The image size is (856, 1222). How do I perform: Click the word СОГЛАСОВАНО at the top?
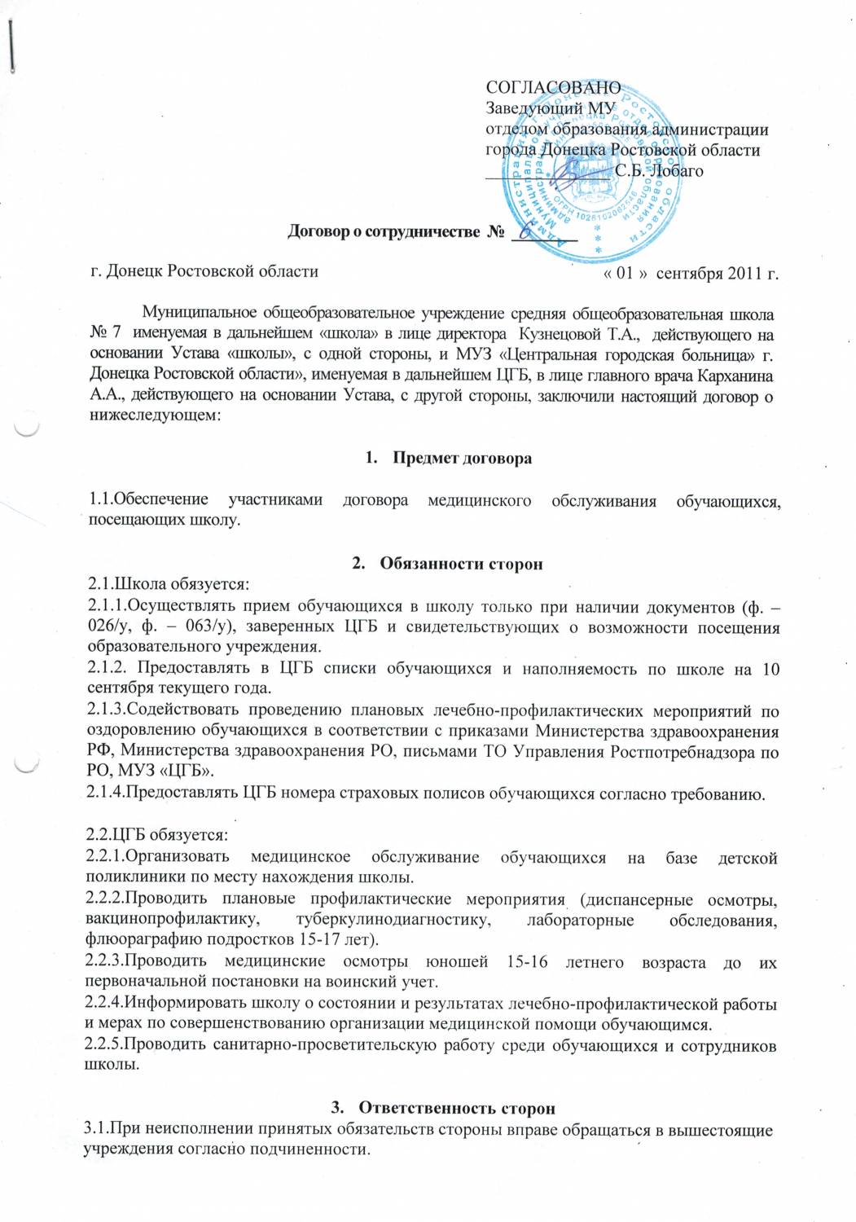(553, 87)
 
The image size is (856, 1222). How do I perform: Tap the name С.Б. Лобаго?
(659, 171)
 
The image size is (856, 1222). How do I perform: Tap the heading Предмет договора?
(462, 458)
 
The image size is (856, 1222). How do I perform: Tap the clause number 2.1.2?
(108, 670)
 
